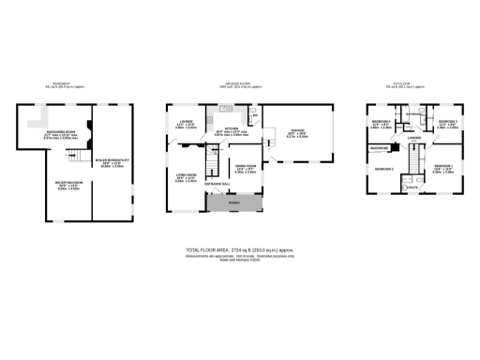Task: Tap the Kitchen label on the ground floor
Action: click(231, 129)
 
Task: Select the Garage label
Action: click(297, 130)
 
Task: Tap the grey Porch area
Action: click(234, 203)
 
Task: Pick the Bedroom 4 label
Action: click(380, 122)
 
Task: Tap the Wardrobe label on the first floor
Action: click(380, 148)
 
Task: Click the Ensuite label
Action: click(412, 187)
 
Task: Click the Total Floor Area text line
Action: click(240, 250)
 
